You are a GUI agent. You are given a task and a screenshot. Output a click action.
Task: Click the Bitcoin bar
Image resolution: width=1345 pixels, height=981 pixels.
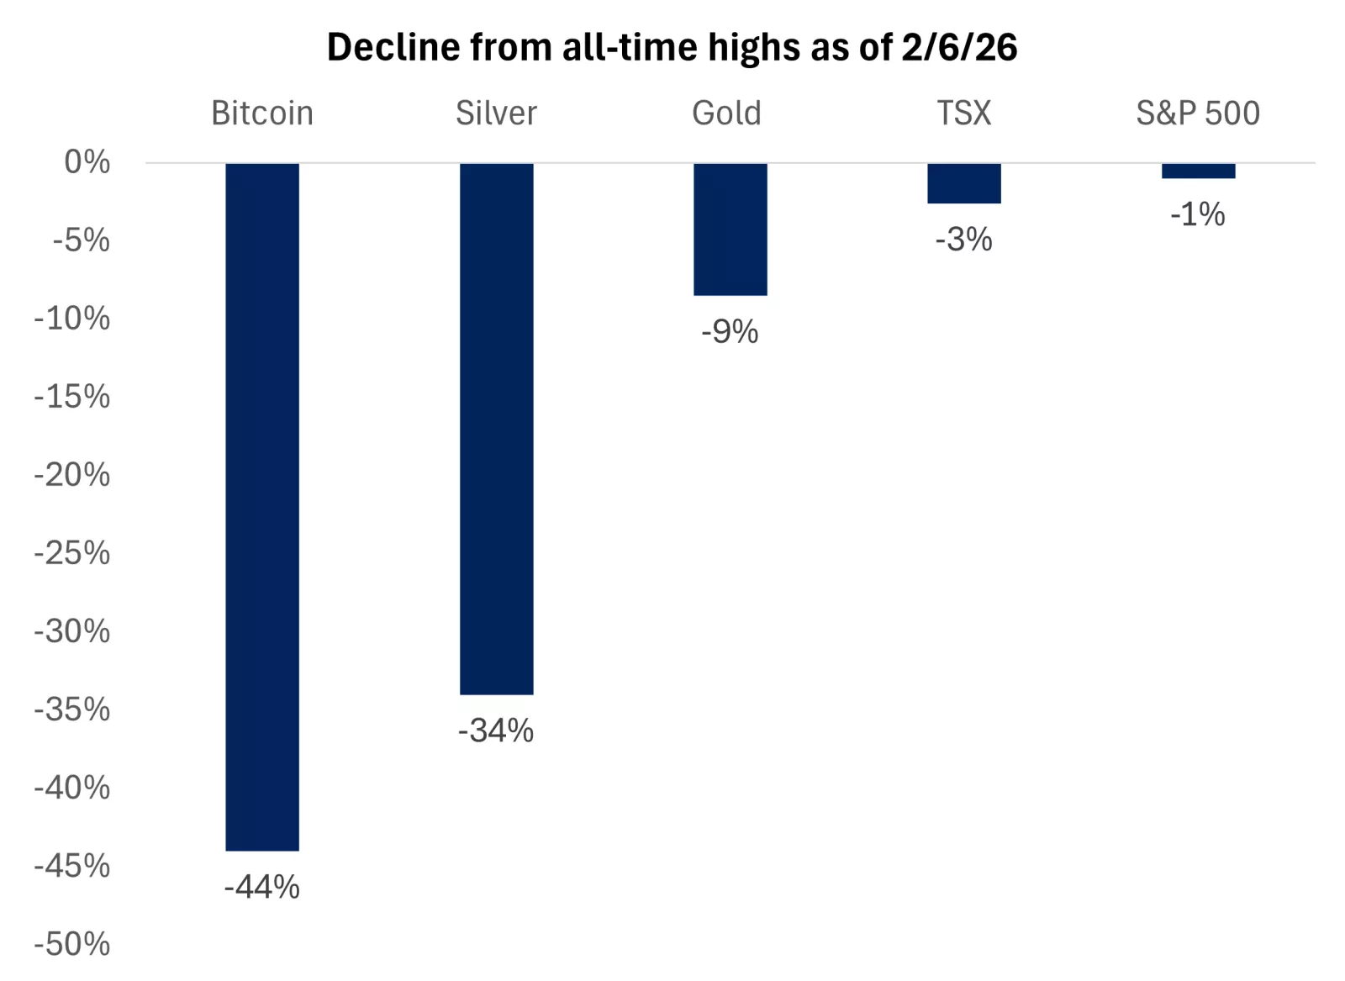point(262,506)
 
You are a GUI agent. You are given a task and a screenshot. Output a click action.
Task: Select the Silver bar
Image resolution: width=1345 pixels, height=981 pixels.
point(496,429)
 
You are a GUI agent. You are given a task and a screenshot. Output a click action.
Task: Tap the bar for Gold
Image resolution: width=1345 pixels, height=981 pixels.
point(730,229)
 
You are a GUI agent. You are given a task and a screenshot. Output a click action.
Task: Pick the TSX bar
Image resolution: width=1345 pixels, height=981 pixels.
point(963,183)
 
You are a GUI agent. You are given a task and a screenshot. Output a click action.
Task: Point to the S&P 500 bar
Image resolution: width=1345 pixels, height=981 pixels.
point(1198,171)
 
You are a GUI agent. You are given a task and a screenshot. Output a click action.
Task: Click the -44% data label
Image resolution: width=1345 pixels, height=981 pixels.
point(261,887)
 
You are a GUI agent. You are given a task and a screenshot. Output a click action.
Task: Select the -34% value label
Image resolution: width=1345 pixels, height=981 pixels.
point(496,730)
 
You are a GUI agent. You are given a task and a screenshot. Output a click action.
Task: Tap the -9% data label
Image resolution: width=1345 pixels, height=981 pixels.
point(730,332)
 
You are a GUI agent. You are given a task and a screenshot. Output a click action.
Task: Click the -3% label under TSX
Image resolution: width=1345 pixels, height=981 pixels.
point(963,240)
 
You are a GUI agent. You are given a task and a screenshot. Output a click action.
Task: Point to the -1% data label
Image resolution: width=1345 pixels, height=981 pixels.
point(1197,214)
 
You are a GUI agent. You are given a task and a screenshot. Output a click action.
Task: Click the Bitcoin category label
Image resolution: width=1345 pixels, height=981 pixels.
point(262,113)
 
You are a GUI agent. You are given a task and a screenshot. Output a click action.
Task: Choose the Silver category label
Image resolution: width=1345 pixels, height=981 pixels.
point(496,113)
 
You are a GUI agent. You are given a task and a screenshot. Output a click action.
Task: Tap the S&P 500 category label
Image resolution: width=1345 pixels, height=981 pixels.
point(1198,113)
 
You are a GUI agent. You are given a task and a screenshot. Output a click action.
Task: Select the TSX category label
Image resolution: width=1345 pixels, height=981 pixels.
point(964,113)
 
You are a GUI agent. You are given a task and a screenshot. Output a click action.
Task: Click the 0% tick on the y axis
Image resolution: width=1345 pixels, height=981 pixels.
point(87,162)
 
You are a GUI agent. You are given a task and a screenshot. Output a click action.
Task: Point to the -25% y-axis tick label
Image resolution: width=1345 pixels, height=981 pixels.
point(72,553)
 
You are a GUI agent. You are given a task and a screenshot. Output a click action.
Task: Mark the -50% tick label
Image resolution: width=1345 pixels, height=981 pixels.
point(72,944)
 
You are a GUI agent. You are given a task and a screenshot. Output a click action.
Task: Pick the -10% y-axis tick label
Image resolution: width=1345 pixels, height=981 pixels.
point(72,319)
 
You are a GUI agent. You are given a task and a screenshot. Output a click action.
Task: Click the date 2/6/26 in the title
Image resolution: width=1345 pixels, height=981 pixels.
point(959,47)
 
